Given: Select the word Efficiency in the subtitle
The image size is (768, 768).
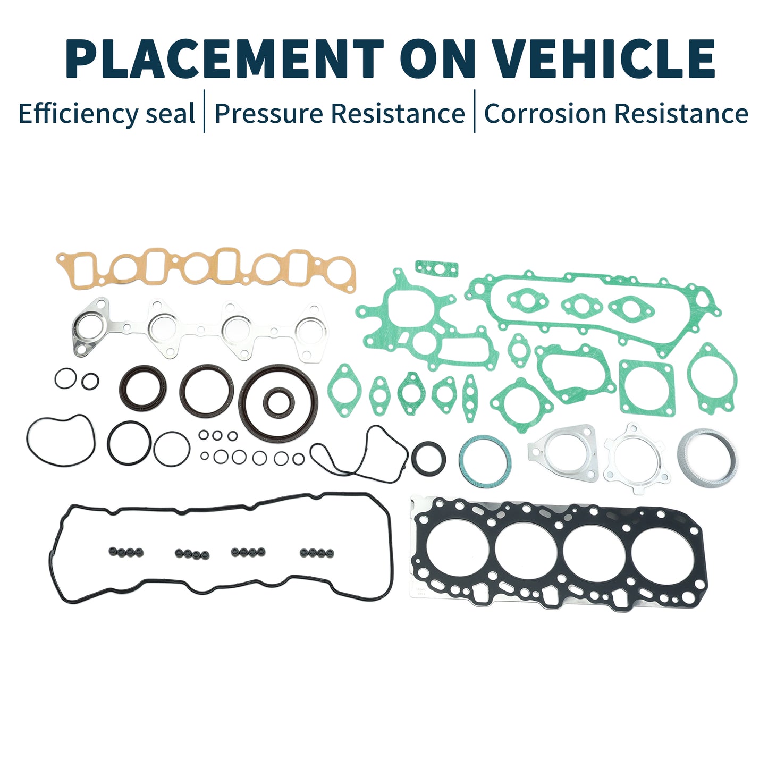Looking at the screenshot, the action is coord(79,114).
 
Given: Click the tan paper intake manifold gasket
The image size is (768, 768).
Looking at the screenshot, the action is coord(206,268).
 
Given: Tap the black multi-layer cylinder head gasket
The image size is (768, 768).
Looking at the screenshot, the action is coord(556,554).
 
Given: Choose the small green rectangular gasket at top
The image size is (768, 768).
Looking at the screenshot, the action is coord(436,268).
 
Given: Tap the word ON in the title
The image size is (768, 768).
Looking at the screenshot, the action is coord(438,58).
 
